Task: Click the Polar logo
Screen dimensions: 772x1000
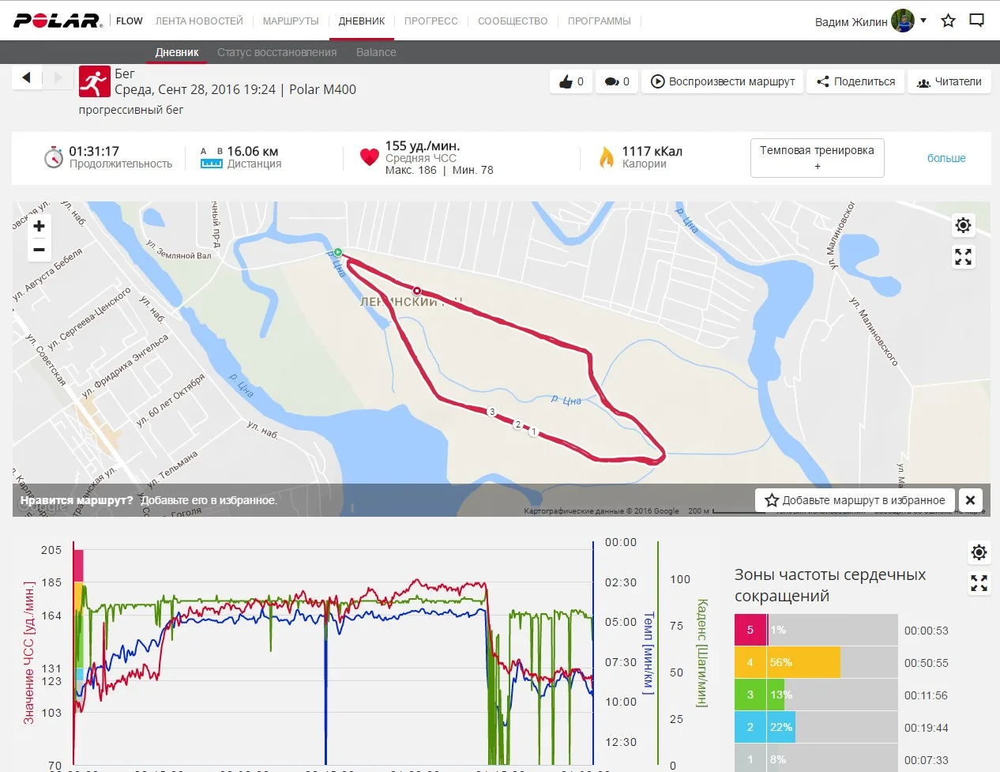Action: click(57, 21)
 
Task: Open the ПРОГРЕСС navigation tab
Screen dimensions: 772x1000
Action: click(430, 21)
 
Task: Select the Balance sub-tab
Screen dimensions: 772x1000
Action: click(376, 52)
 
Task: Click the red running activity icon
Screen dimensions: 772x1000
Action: click(94, 81)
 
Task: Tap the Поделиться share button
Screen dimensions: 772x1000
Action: click(856, 81)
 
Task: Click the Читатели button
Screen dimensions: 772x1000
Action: click(949, 81)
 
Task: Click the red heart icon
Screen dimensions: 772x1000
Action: click(369, 156)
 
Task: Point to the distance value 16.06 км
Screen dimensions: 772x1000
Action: click(252, 151)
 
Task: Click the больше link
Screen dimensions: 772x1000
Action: click(946, 158)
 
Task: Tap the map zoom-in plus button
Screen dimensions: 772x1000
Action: click(39, 226)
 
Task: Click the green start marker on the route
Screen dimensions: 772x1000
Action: click(338, 252)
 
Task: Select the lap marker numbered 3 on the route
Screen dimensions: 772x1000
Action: click(492, 412)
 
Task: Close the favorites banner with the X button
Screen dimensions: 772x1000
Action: click(971, 500)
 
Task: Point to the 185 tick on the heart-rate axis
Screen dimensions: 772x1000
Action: click(51, 582)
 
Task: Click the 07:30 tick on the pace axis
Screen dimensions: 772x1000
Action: click(621, 662)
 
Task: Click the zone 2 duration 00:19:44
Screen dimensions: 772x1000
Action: click(926, 728)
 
